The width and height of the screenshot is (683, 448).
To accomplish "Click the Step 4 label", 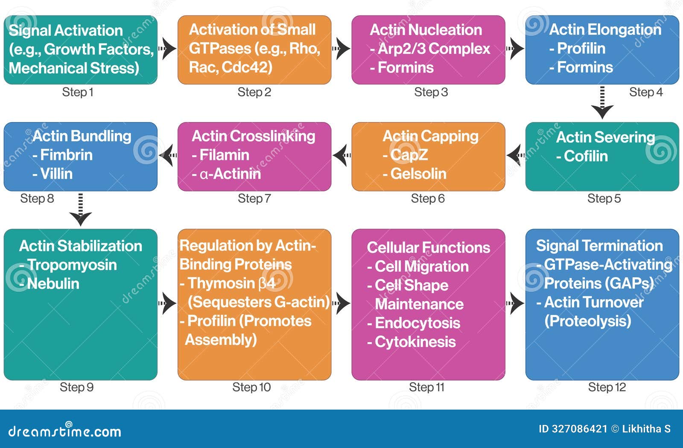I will point(645,92).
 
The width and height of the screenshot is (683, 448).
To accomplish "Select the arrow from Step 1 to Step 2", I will point(167,49).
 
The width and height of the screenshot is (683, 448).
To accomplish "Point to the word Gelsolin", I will point(418,174).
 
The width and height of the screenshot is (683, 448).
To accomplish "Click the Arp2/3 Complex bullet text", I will point(433,49).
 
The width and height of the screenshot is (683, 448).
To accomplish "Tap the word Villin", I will point(56,174).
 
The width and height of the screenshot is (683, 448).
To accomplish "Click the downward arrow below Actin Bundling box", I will point(81,209).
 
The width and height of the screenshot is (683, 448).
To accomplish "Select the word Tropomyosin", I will point(72,265).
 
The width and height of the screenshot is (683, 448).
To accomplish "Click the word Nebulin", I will point(53,284).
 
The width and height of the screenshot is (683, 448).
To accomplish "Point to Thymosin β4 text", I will point(231,283).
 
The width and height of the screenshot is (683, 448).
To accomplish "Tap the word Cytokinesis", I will point(415,342).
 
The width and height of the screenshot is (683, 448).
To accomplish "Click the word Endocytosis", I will point(417,323).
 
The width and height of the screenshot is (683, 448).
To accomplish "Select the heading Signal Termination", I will point(599,246).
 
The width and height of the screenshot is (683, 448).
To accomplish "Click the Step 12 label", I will point(607,387).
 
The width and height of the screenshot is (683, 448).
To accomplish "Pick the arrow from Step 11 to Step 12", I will point(515,304).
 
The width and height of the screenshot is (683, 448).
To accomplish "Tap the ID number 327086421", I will point(579,429).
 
